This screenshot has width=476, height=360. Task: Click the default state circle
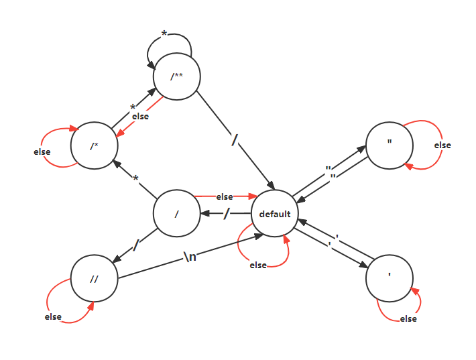click(275, 214)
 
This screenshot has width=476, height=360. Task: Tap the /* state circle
click(95, 145)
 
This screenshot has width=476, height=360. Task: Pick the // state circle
click(95, 278)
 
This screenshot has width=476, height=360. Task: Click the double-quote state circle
click(390, 145)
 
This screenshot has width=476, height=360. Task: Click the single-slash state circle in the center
click(177, 215)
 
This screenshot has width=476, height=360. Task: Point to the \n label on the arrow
click(190, 257)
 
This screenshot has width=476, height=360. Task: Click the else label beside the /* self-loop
click(42, 152)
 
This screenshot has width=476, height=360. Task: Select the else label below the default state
click(258, 265)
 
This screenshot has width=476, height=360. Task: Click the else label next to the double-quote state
click(442, 145)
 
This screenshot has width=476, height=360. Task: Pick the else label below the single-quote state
click(408, 319)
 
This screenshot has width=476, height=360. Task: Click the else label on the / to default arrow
click(225, 197)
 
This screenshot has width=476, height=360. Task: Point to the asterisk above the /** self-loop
click(164, 33)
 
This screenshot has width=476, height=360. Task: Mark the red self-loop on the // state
click(60, 305)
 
